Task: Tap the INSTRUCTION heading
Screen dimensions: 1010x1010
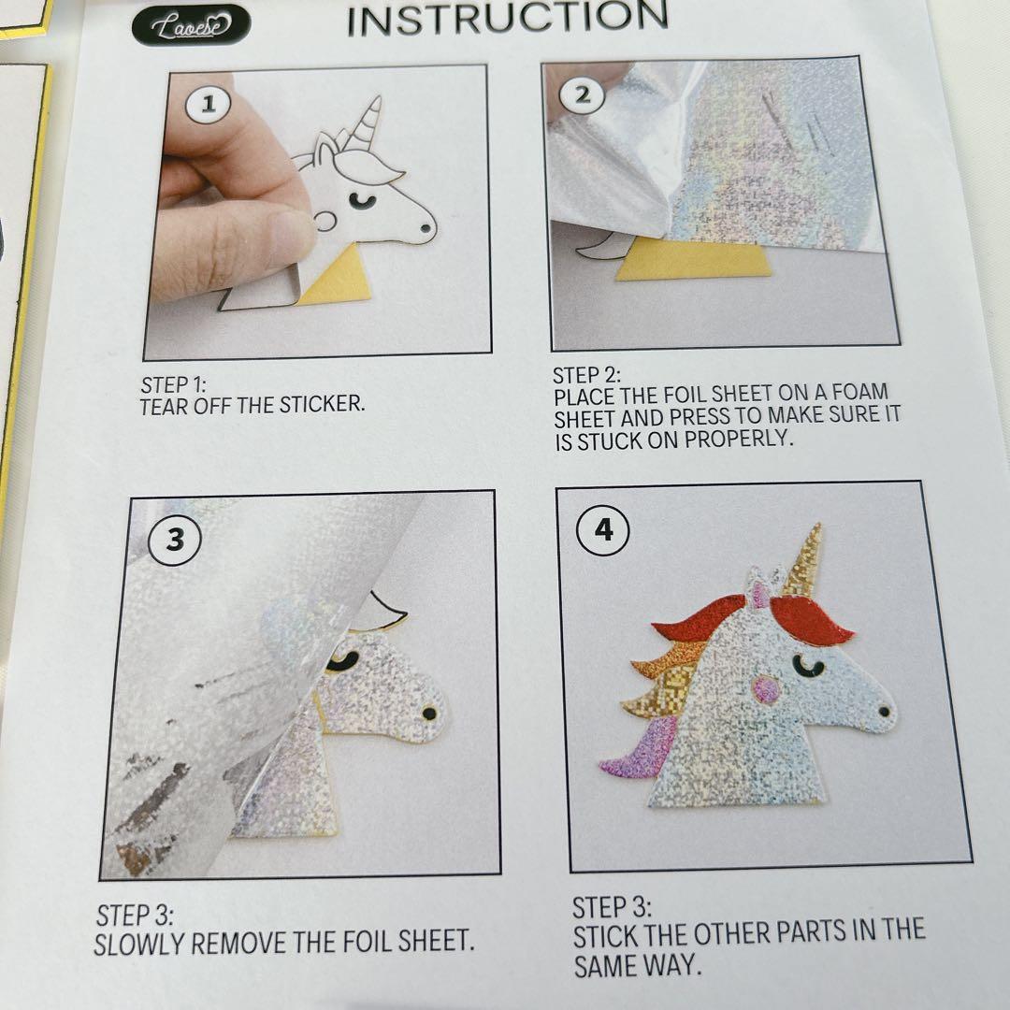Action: (x=508, y=18)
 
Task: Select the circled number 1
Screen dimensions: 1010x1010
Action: (x=208, y=105)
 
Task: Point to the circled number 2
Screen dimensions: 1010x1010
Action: (x=582, y=95)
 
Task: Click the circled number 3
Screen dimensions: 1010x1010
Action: (x=175, y=540)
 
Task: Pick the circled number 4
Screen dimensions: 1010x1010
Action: (x=603, y=530)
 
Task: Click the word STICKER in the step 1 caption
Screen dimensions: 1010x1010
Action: (x=322, y=405)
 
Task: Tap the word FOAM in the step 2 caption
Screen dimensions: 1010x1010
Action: (x=860, y=392)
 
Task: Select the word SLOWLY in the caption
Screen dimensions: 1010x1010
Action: (x=139, y=945)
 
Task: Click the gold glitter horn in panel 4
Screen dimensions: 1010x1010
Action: (x=802, y=559)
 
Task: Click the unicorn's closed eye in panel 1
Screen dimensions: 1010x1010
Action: (x=363, y=202)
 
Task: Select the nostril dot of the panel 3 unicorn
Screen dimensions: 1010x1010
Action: (x=429, y=713)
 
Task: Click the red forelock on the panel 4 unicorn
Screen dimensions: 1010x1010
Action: (x=810, y=620)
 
